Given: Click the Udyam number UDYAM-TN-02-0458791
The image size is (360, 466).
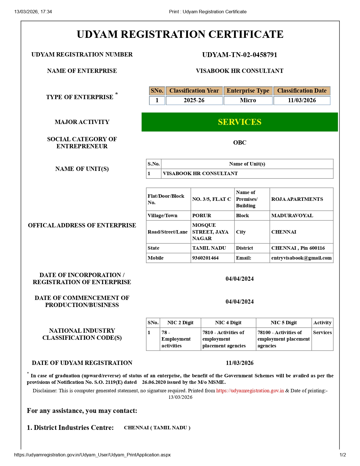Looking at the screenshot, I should coord(239,55).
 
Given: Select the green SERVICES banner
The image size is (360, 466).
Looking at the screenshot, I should coord(239,122).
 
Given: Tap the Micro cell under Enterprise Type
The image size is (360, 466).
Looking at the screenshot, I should coord(248,100).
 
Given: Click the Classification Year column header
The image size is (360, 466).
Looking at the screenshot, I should coord(194,91).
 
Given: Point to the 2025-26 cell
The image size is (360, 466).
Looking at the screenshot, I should coord(194,100).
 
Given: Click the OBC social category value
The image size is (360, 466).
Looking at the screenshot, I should coord(239,143).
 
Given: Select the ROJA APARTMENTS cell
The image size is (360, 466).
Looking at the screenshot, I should coord(297,199).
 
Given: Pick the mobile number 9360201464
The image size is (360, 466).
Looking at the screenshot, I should coord(205,258).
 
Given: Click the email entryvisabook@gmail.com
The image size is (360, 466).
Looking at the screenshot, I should coord(301,258).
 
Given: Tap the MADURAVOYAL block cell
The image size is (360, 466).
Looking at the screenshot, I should coord(292,215).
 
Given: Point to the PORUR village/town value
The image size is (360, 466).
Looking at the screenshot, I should coord(202,215).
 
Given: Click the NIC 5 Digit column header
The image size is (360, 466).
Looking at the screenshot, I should coord(283,323).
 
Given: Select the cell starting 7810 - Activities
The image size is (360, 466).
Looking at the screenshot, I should coord(224,339).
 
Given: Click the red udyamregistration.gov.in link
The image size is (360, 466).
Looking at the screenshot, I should coord(250,391).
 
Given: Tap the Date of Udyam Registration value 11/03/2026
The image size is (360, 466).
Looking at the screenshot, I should coord(239,363).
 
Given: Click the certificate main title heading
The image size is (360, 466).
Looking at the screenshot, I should coord(180,34).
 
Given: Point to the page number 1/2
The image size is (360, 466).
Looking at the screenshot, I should coord(342,455).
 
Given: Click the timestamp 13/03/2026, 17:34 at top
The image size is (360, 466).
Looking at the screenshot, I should coord(33,12).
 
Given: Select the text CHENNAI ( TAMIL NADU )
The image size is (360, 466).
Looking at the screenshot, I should coord(157,428).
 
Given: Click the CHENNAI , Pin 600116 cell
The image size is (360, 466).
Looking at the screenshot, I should coord(298,248).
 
